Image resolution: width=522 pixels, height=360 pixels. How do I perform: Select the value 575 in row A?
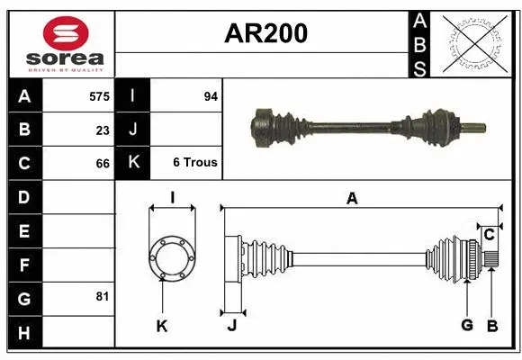(x=99, y=95)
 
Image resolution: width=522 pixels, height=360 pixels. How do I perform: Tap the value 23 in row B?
(x=103, y=130)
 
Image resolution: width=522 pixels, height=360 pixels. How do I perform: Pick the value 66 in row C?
(x=103, y=164)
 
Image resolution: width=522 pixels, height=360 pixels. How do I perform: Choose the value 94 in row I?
(x=211, y=95)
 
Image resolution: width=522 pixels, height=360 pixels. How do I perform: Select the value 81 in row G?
(x=103, y=295)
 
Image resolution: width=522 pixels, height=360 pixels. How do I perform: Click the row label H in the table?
(x=24, y=335)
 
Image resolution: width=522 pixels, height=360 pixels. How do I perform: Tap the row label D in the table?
(x=24, y=197)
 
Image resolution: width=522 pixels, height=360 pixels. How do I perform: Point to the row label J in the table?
(x=133, y=130)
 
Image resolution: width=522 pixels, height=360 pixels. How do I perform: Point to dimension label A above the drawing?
(x=352, y=198)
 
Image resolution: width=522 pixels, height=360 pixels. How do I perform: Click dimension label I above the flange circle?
(x=171, y=198)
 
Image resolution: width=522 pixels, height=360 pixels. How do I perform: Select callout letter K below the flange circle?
(x=162, y=327)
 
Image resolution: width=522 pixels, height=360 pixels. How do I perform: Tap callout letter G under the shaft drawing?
(x=467, y=326)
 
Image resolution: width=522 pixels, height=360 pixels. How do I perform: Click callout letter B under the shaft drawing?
(x=491, y=326)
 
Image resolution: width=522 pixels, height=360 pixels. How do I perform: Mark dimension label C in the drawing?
(x=489, y=235)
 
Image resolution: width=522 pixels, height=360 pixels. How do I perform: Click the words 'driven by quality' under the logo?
(x=66, y=68)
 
